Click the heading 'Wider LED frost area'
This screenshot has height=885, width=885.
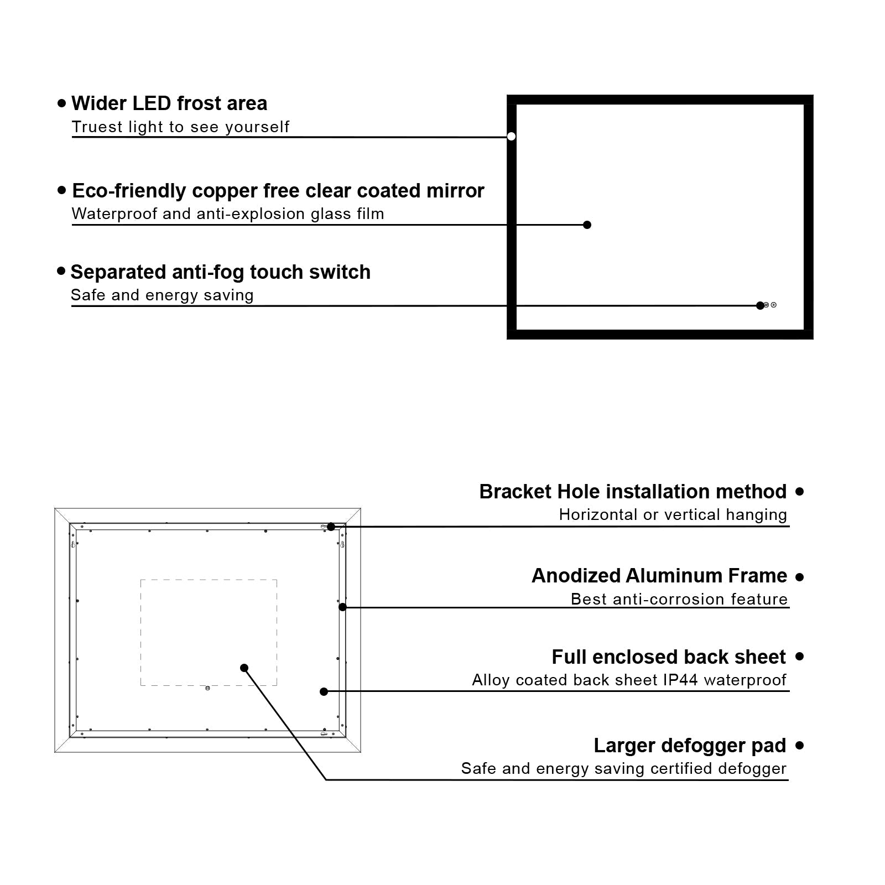click(x=169, y=103)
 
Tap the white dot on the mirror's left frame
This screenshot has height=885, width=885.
click(x=511, y=136)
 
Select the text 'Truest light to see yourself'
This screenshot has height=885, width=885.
click(x=180, y=127)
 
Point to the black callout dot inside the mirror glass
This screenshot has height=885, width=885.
click(x=587, y=225)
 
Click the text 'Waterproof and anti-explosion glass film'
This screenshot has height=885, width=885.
click(x=227, y=214)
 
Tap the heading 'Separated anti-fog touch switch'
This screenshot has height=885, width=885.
click(x=220, y=272)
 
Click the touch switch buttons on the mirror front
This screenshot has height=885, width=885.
click(x=770, y=305)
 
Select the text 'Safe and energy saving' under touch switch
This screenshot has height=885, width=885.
click(x=162, y=295)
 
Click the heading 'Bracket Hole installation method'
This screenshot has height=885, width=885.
click(x=633, y=492)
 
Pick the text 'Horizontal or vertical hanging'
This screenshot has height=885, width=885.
click(x=673, y=515)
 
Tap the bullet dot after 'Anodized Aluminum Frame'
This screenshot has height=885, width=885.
click(x=799, y=577)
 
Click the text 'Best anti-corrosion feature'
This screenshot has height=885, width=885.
click(x=679, y=599)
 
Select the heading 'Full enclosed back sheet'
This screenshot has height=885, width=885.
click(x=668, y=657)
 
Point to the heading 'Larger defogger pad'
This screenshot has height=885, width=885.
click(x=689, y=746)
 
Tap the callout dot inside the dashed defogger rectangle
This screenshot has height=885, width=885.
click(x=244, y=668)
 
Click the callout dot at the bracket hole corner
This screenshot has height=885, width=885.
click(x=331, y=527)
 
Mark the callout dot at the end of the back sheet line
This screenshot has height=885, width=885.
click(x=324, y=691)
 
